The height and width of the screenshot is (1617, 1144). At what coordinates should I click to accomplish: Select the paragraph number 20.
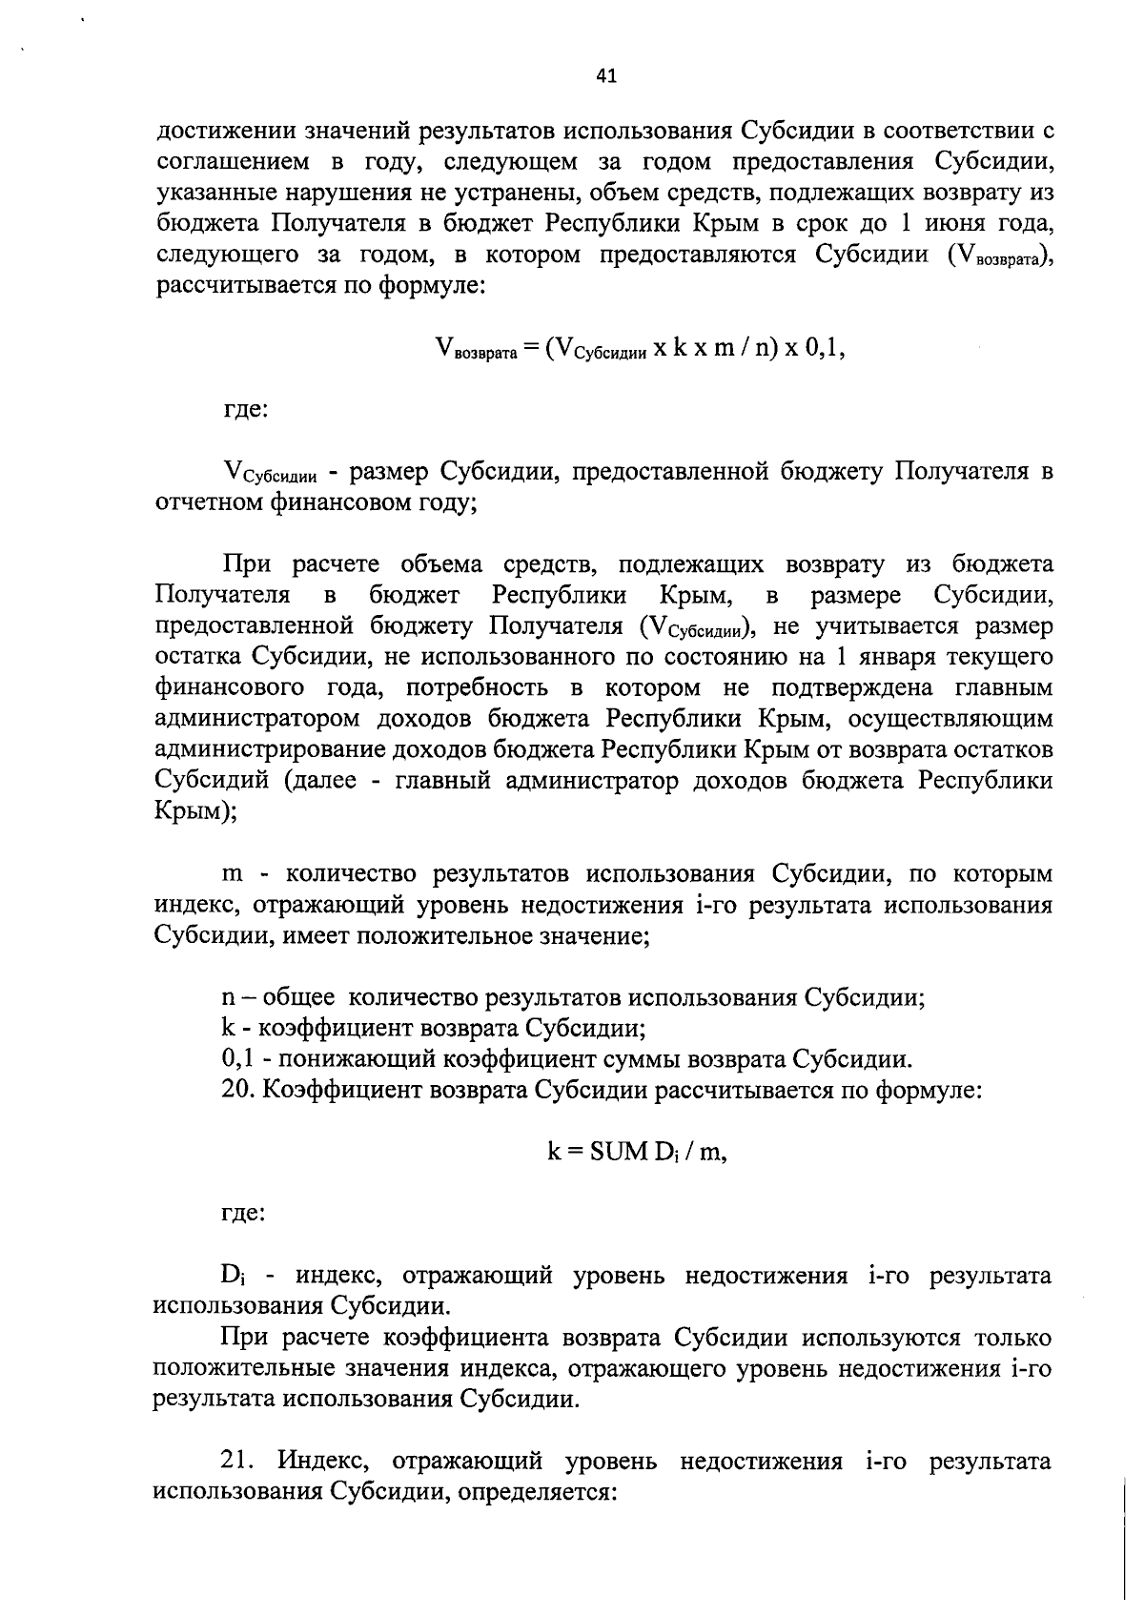coord(238,1090)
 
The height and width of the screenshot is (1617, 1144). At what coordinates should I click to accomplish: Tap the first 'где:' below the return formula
coord(244,410)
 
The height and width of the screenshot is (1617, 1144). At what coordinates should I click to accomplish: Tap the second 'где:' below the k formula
coord(244,1213)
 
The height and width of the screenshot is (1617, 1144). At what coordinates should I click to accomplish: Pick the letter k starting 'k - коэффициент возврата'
coord(228,1028)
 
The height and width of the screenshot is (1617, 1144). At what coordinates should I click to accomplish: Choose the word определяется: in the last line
coord(540,1490)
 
